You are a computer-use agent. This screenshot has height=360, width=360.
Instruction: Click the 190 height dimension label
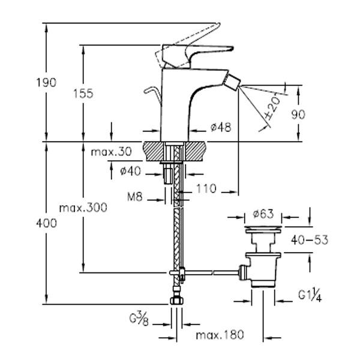coord(46,83)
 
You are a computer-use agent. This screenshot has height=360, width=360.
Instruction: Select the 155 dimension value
coord(83,94)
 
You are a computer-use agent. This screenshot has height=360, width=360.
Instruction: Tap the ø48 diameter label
coord(221,127)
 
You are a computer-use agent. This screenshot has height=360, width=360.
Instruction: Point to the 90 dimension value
coord(298,115)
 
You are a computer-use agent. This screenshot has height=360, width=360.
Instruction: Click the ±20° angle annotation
coord(272,108)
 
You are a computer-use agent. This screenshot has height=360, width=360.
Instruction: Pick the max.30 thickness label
coord(112,152)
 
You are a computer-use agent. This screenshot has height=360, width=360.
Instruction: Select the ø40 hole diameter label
coord(130,171)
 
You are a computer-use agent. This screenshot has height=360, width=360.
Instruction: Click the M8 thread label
coord(135,197)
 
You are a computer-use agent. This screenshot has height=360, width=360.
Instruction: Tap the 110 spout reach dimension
coord(206,189)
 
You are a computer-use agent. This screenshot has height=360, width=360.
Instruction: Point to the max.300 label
coord(83,208)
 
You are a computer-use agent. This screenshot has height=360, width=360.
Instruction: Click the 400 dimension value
coord(46,223)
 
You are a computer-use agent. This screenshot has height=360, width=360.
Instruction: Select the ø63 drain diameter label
coord(263,214)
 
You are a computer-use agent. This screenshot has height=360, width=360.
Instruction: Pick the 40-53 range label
coord(310,240)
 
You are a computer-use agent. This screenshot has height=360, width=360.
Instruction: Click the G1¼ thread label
coord(310,295)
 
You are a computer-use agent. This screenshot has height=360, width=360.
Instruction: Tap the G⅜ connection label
coord(139,319)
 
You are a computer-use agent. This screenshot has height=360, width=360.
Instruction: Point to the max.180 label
coord(220,335)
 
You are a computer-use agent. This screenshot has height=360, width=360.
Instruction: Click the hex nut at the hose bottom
coord(177,301)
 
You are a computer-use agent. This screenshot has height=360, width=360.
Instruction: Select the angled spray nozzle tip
coord(233,82)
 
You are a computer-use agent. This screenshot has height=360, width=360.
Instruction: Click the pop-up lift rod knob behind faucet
coord(149,90)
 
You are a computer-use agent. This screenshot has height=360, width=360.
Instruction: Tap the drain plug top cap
coord(263,230)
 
